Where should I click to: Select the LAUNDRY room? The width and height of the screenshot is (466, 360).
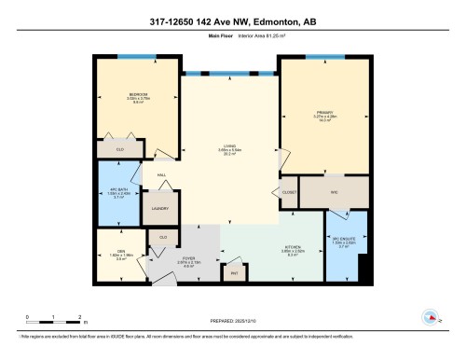point(159,207)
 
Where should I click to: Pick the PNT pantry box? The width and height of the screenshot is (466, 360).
point(234,271)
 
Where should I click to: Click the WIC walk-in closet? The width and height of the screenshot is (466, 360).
point(333,193)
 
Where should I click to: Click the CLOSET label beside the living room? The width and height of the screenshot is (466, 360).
point(288,193)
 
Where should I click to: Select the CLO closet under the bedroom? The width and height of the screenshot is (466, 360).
point(120,149)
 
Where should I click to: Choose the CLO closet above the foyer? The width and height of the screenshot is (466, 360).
point(164,238)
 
